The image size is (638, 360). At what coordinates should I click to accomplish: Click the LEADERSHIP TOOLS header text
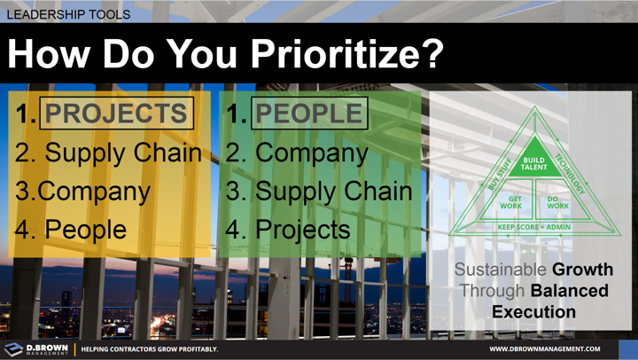pos(68,14)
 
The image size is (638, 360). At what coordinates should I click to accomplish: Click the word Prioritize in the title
pos(346,54)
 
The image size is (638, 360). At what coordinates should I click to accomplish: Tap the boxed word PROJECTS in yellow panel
pos(116,113)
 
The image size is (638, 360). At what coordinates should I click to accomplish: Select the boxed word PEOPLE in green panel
pos(309,113)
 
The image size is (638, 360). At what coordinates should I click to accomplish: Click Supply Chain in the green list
pos(333,191)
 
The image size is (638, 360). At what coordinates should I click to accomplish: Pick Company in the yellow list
pos(94,191)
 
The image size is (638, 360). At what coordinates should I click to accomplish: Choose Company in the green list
pos(311,153)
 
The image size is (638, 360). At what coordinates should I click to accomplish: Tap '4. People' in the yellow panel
pos(71,229)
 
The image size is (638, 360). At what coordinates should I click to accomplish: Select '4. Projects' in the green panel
pos(288,229)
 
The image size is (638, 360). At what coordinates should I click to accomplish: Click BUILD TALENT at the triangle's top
pos(533,163)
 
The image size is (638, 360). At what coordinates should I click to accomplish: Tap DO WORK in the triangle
pos(557,203)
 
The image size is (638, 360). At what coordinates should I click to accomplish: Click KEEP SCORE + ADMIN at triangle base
pos(533,227)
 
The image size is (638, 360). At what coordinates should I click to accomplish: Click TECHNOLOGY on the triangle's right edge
pos(569,174)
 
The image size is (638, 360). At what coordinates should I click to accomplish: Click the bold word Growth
pos(582,270)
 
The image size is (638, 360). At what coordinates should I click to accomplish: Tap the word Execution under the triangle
pos(533,311)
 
